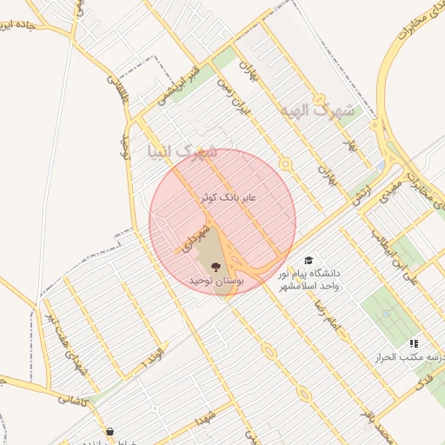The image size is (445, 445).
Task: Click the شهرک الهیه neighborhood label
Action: (318, 112)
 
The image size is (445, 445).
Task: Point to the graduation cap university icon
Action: (308, 260)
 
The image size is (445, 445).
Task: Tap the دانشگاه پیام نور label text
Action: (313, 273)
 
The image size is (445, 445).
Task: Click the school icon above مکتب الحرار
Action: (414, 344)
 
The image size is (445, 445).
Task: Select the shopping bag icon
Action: (110, 432)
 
